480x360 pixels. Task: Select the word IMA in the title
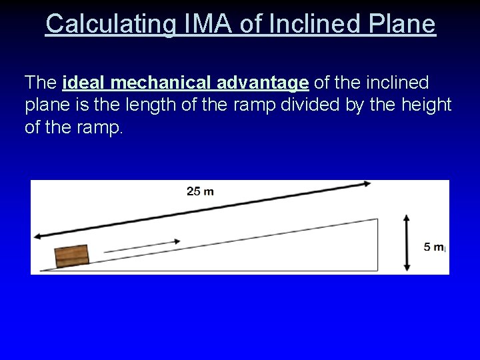pyautogui.click(x=198, y=25)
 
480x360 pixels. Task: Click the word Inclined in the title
pyautogui.click(x=310, y=25)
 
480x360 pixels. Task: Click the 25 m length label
pyautogui.click(x=200, y=192)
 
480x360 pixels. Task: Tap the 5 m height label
pyautogui.click(x=434, y=247)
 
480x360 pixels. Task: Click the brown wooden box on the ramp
pyautogui.click(x=72, y=255)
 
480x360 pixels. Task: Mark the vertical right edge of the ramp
pyautogui.click(x=378, y=244)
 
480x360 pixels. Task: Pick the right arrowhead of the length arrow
pyautogui.click(x=367, y=182)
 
